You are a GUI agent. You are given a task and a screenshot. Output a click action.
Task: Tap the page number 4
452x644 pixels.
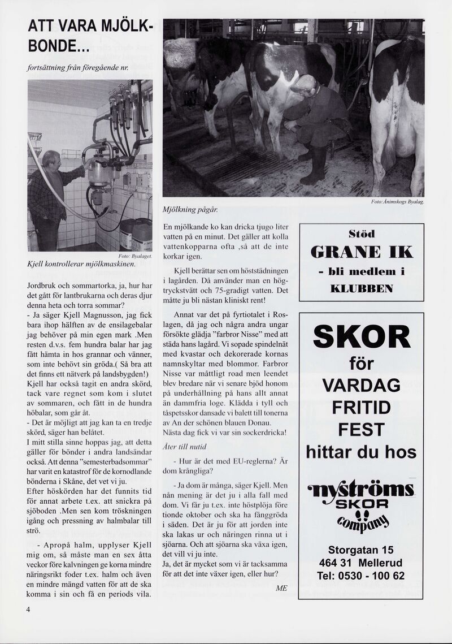pyautogui.click(x=28, y=610)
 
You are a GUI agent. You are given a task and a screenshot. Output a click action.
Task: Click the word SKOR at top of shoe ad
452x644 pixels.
pyautogui.click(x=362, y=338)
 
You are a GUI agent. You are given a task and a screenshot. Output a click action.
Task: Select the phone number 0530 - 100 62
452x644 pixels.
pyautogui.click(x=361, y=576)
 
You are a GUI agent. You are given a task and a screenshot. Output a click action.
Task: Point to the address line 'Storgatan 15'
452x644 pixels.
pyautogui.click(x=361, y=550)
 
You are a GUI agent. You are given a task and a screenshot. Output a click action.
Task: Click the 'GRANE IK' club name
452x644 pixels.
pyautogui.click(x=362, y=252)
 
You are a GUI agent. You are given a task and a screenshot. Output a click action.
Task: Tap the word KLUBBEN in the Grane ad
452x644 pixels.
pyautogui.click(x=362, y=289)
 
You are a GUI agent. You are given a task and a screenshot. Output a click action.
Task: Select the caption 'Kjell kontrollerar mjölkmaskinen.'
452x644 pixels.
pyautogui.click(x=81, y=264)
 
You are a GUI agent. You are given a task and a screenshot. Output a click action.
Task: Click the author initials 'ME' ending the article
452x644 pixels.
pyautogui.click(x=281, y=588)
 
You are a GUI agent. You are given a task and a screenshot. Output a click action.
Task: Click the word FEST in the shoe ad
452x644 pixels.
pyautogui.click(x=361, y=430)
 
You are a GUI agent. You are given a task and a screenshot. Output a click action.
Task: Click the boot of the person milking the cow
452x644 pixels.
pyautogui.click(x=314, y=170)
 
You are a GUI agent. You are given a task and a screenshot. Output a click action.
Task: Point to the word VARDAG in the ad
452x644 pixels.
pyautogui.click(x=361, y=386)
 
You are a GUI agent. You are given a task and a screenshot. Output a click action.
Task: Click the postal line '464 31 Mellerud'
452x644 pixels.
pyautogui.click(x=361, y=563)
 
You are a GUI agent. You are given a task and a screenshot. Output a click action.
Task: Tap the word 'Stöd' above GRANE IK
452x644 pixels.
pyautogui.click(x=362, y=233)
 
